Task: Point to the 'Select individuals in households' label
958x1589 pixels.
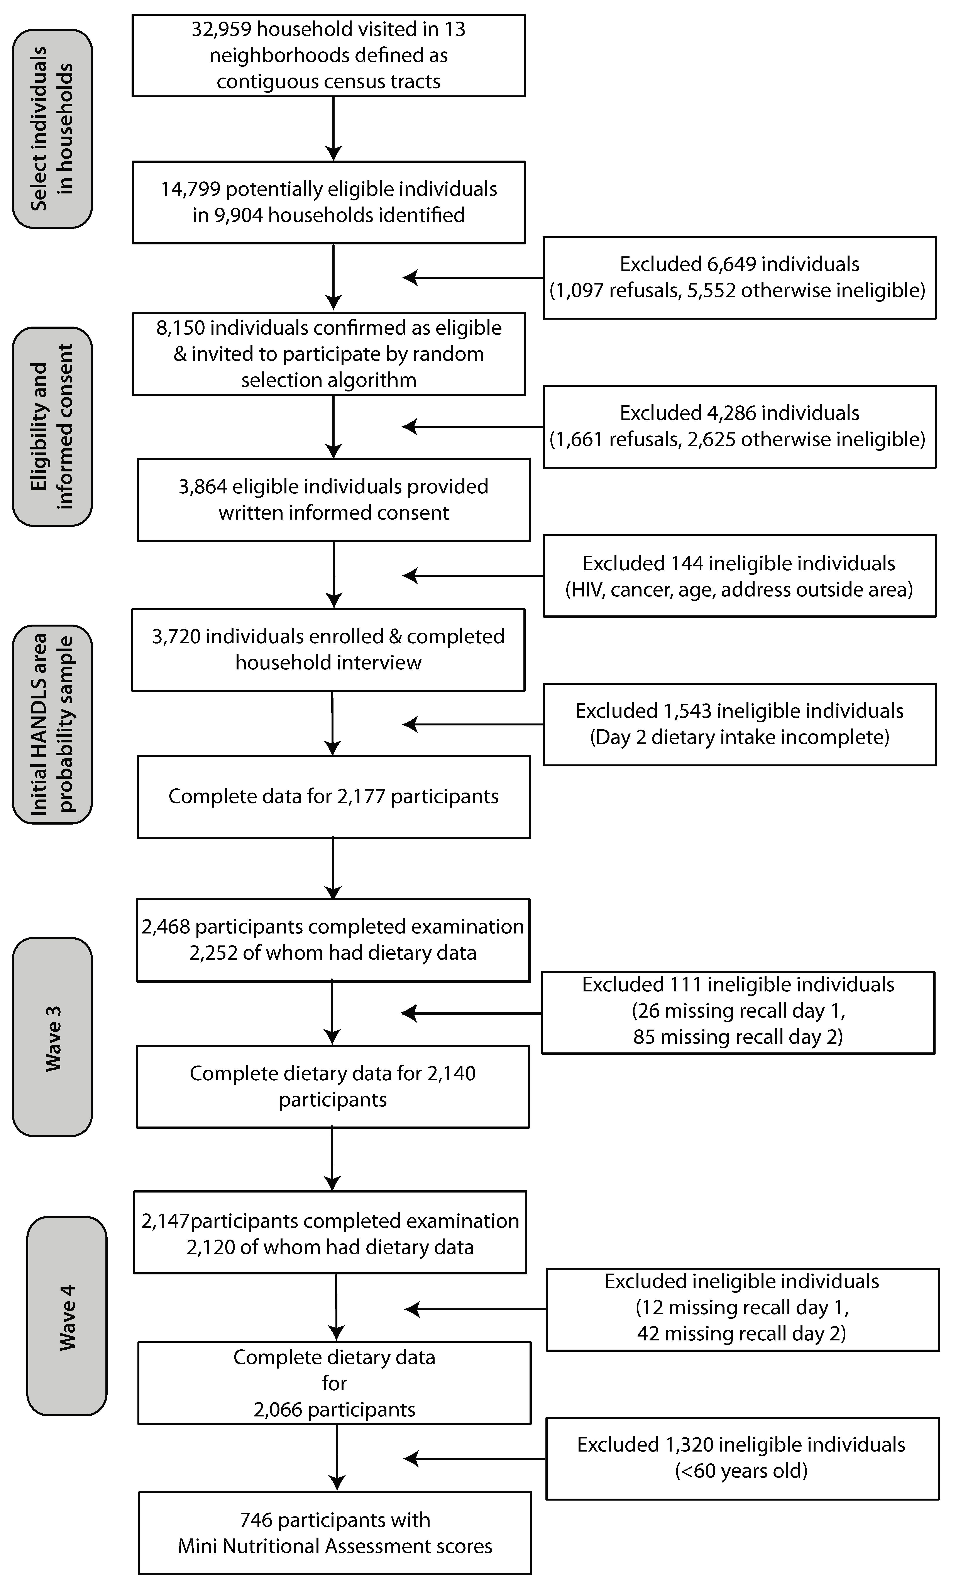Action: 52,128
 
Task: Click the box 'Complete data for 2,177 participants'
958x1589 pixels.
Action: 333,796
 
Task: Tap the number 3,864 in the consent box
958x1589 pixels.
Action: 202,486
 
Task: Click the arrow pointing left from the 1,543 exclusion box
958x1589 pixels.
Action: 472,724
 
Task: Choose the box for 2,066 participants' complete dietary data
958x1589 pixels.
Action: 334,1383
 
